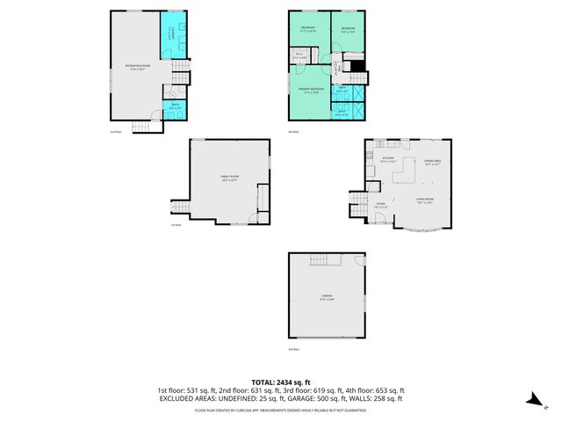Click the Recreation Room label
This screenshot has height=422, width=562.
[135, 68]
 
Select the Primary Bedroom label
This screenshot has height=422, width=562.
[310, 91]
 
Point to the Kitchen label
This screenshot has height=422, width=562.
[388, 160]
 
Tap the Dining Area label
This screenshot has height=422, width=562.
[432, 163]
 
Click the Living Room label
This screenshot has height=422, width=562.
[428, 201]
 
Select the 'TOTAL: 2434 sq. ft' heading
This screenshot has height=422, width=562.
[280, 382]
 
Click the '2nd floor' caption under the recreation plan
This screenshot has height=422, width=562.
[115, 132]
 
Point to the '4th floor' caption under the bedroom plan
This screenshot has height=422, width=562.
[294, 132]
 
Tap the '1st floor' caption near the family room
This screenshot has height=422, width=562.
[176, 225]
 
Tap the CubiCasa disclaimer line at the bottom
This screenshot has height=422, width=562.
[280, 410]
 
